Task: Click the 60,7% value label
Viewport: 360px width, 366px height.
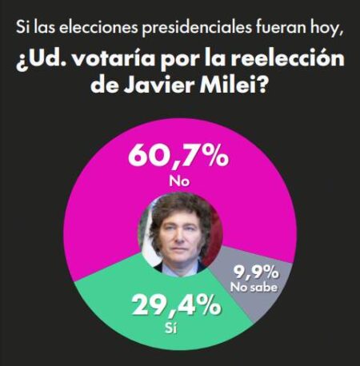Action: (x=178, y=155)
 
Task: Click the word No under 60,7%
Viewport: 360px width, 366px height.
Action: (x=178, y=182)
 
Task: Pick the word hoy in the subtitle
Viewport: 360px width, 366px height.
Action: (x=326, y=30)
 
